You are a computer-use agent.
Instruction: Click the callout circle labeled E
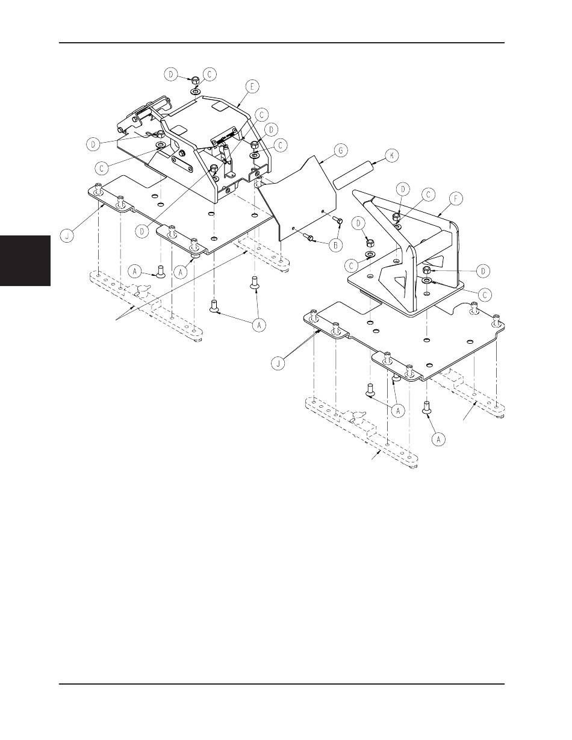click(x=252, y=87)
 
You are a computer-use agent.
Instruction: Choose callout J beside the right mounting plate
click(x=279, y=364)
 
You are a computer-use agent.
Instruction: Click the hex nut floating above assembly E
click(x=196, y=80)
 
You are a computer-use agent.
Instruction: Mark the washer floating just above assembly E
click(x=196, y=92)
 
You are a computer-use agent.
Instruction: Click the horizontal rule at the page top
click(x=282, y=43)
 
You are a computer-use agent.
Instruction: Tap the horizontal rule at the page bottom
click(x=282, y=684)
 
